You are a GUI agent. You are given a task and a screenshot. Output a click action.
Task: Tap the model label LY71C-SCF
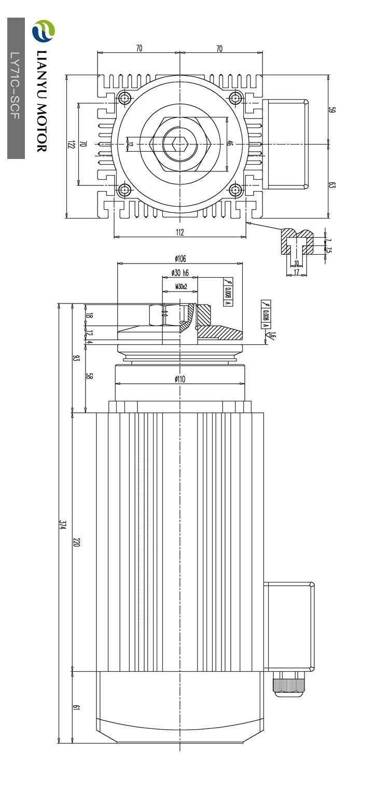click(16, 85)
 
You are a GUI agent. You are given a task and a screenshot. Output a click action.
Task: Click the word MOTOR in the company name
click(42, 128)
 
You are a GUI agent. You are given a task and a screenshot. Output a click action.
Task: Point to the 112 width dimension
click(180, 233)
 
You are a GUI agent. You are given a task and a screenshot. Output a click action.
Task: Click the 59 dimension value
click(332, 110)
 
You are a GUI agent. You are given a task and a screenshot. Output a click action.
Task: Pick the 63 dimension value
click(332, 185)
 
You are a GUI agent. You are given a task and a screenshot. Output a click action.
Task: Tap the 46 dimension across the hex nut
click(230, 143)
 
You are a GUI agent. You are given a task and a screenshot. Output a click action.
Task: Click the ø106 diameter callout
click(180, 258)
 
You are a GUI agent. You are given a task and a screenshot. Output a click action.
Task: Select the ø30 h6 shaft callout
click(180, 273)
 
